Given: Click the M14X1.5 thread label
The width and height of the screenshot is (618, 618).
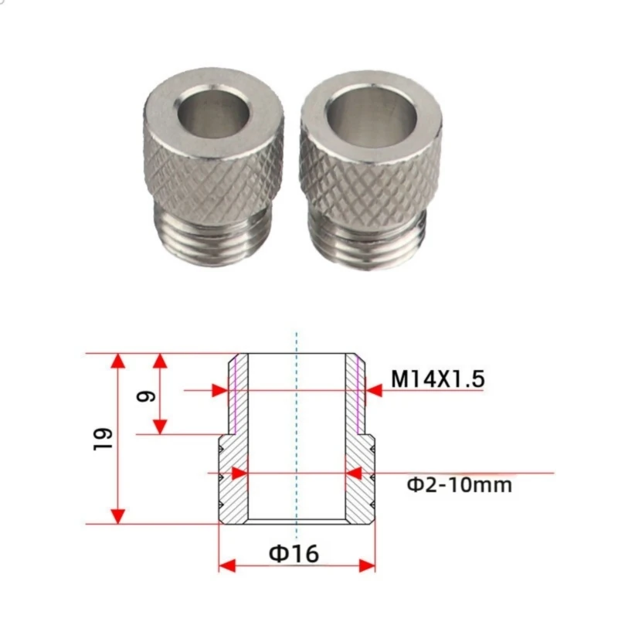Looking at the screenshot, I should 436,379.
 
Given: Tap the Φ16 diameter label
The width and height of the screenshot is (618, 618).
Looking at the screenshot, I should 294,553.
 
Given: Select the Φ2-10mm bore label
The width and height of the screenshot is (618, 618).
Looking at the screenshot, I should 460,485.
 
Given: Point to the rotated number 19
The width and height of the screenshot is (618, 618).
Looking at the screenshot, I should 104,438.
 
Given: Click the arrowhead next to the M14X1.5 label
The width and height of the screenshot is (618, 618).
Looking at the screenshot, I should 374,391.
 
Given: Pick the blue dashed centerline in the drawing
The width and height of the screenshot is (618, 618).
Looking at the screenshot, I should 297,433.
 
